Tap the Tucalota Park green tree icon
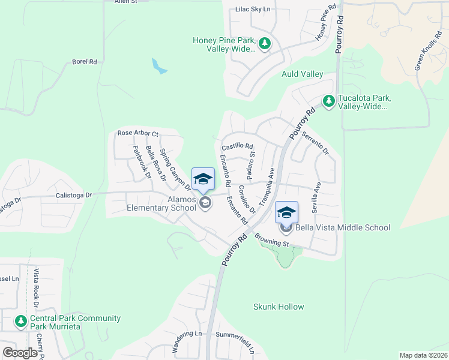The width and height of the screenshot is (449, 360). pos(328,101)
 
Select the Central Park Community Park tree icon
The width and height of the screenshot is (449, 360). pos(21,322)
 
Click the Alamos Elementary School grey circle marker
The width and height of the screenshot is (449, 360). pos(205,203)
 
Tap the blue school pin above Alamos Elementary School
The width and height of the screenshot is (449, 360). pos(203,178)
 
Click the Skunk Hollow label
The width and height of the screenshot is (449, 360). pos(279,307)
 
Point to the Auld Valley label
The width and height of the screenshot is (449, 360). pos(303,74)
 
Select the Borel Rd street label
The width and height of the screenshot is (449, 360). pos(84,61)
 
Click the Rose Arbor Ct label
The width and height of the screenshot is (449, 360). pos(137,133)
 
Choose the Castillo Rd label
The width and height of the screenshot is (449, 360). pos(237,146)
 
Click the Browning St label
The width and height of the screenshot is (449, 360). pos(272,241)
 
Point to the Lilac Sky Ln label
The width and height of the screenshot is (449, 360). pos(253,10)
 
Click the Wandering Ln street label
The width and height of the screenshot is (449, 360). pos(187,341)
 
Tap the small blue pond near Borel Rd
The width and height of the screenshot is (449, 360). pos(158,65)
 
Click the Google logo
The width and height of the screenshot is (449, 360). pos(20,353)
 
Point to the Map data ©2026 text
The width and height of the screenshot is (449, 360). pos(423,355)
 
